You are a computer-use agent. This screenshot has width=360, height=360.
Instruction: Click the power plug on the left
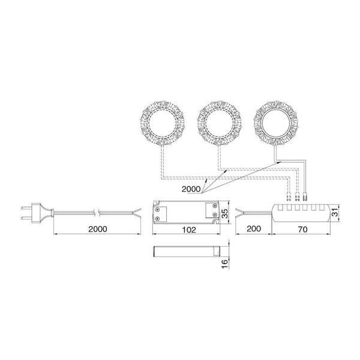tap(37, 212)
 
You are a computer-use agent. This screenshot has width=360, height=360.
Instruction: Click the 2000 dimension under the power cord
tap(98, 229)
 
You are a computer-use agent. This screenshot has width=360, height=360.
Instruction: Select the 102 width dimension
tap(189, 230)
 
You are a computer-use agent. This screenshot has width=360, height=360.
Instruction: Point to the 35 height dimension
tap(226, 213)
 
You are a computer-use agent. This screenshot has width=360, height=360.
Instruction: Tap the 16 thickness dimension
tap(225, 263)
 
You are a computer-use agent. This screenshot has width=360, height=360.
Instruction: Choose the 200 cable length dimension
tap(254, 229)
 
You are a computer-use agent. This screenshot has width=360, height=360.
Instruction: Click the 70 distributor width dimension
tap(302, 229)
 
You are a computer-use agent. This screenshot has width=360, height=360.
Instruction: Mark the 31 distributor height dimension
tap(335, 212)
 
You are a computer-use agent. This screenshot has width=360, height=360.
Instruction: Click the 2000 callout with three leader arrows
tap(191, 189)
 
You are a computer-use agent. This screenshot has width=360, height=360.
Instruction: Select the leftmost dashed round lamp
tap(163, 123)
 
